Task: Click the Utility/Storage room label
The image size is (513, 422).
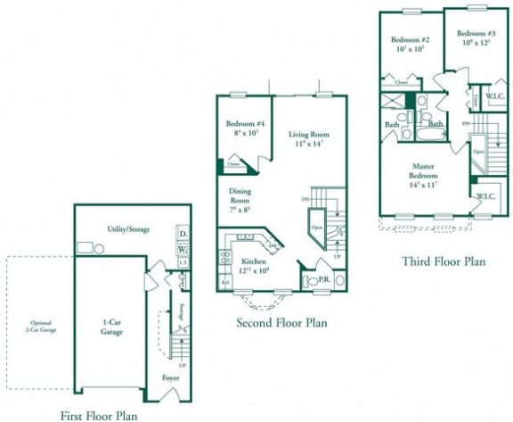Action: tap(128, 229)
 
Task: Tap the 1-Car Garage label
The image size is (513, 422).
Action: tap(111, 327)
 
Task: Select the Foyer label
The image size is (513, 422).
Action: tap(169, 377)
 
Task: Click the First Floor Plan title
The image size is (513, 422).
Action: tap(99, 415)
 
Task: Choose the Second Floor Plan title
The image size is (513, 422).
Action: tap(281, 322)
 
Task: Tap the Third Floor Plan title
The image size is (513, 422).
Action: tap(443, 262)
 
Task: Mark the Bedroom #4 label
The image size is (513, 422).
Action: tap(240, 128)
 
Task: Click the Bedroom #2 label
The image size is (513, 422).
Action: tap(411, 44)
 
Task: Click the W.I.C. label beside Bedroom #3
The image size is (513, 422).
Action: tap(496, 96)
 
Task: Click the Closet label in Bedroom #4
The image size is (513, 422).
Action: tap(233, 165)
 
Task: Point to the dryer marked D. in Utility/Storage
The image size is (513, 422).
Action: tap(183, 234)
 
